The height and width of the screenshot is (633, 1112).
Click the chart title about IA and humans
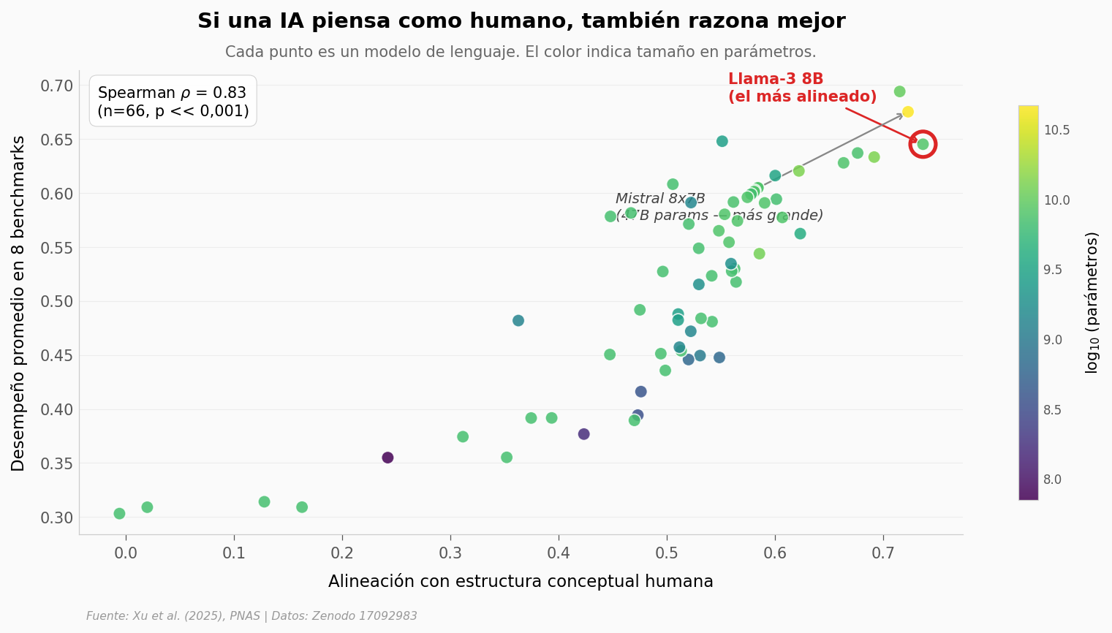pyautogui.click(x=521, y=21)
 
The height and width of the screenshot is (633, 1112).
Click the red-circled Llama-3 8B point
pyautogui.click(x=923, y=144)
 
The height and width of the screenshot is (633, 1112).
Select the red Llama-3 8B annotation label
pyautogui.click(x=802, y=88)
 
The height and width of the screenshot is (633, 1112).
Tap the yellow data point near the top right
pyautogui.click(x=907, y=112)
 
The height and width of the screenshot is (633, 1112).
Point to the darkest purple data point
pyautogui.click(x=387, y=458)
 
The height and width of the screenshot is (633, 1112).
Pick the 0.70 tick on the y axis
pyautogui.click(x=57, y=86)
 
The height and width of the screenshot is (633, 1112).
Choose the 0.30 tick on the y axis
pyautogui.click(x=57, y=518)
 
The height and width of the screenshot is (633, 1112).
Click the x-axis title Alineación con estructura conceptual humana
pyautogui.click(x=521, y=582)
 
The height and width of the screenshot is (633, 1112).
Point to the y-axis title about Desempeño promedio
pyautogui.click(x=19, y=303)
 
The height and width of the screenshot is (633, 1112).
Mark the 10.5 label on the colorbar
pyautogui.click(x=1056, y=130)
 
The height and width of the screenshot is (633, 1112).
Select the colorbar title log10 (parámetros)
pyautogui.click(x=1092, y=303)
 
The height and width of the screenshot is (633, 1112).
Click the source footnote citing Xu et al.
pyautogui.click(x=251, y=616)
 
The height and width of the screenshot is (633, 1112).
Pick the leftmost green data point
pyautogui.click(x=119, y=514)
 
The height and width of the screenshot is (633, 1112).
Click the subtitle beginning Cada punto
pyautogui.click(x=521, y=53)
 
